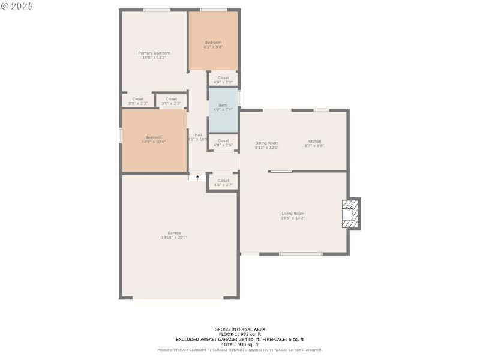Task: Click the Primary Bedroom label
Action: (x=154, y=55)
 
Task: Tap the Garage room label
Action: (x=174, y=235)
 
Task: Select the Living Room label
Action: (x=293, y=215)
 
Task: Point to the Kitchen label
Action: (x=314, y=144)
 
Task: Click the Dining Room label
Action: (x=267, y=144)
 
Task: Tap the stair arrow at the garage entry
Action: (x=197, y=177)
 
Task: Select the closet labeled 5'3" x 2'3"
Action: (x=138, y=101)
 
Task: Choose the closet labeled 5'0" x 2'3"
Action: (x=171, y=101)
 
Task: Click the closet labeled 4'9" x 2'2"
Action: (x=223, y=79)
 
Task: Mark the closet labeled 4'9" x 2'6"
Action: (x=223, y=143)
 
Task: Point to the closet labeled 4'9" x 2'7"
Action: (x=223, y=182)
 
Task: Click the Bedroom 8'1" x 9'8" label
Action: (x=213, y=44)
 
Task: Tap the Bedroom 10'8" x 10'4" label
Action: (x=154, y=139)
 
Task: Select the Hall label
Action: (x=197, y=137)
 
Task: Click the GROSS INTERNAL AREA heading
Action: (x=240, y=329)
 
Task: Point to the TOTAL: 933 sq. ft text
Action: (x=240, y=344)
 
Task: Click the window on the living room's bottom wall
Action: (x=301, y=254)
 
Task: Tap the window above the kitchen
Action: (x=322, y=110)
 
